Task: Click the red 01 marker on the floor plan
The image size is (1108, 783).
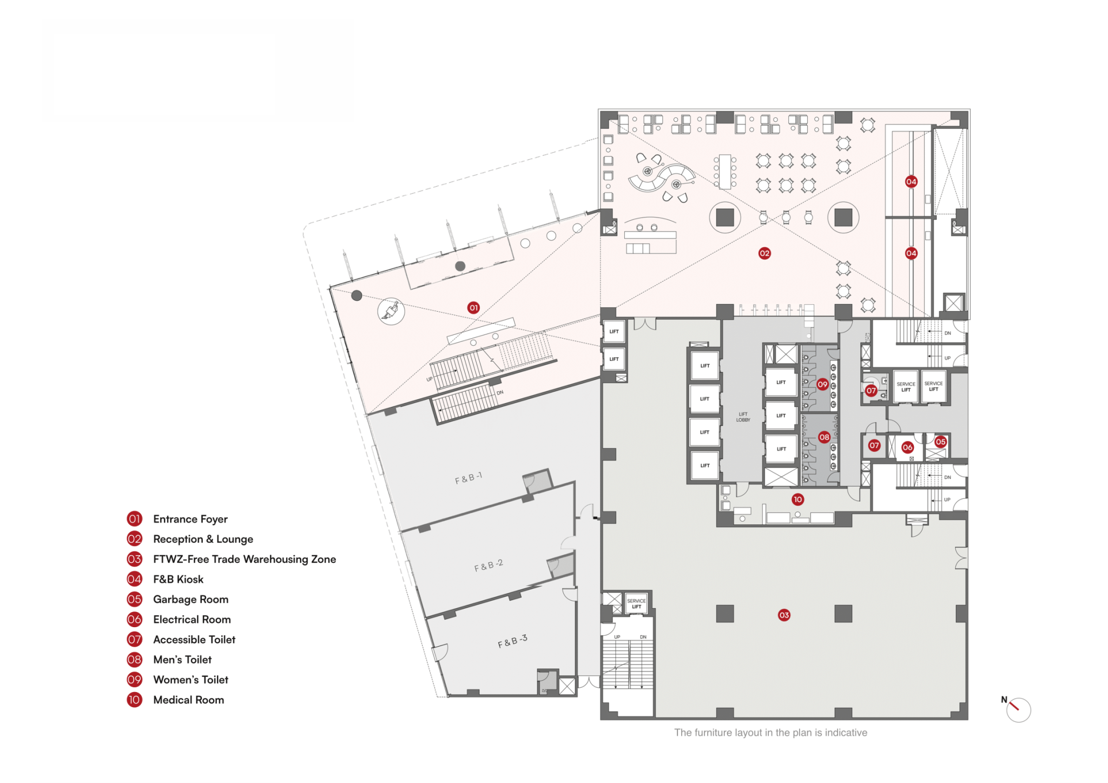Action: tap(473, 308)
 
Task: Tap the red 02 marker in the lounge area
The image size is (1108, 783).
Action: tap(764, 253)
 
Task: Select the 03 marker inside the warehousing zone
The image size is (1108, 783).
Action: tap(784, 615)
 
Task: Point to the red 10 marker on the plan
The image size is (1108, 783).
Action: tap(797, 499)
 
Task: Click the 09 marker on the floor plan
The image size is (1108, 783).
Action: tap(822, 384)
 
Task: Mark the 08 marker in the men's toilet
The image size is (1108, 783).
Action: tap(824, 437)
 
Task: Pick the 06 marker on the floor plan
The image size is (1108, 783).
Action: tap(907, 447)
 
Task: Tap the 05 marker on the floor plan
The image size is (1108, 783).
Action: tap(941, 442)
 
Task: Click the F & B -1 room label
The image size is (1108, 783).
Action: tap(469, 478)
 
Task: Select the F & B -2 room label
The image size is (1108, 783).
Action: tap(489, 565)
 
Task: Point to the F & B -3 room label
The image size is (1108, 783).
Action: tap(512, 641)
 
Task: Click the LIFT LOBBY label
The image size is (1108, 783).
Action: tap(743, 417)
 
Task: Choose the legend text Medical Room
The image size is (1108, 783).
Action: tap(188, 700)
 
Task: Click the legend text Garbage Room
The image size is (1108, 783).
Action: tap(190, 599)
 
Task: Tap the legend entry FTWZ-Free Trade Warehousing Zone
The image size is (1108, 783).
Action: tap(244, 559)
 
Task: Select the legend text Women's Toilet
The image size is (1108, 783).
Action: tap(190, 680)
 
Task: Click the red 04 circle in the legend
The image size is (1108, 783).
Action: tap(134, 579)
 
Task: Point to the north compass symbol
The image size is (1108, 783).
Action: tap(1017, 709)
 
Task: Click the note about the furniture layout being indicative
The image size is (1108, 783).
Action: tap(770, 733)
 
